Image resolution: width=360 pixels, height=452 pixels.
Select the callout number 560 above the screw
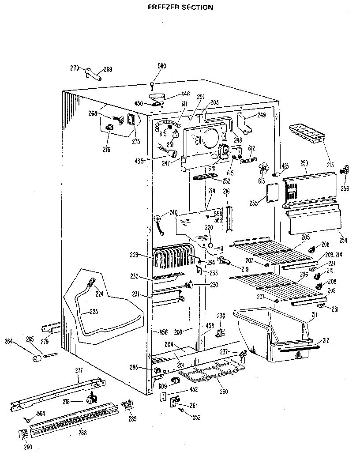tap(162, 66)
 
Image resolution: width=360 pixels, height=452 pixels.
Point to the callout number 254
tap(343, 240)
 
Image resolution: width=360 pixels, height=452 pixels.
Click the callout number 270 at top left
tap(75, 68)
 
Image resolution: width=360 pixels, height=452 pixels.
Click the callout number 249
tap(261, 116)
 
